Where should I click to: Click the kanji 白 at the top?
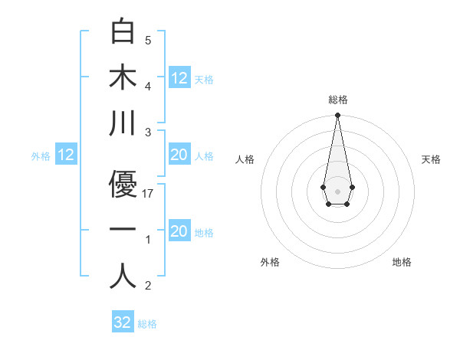[123, 31]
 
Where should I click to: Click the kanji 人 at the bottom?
[123, 276]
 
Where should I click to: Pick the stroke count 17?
[149, 194]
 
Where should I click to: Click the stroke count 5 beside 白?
[148, 41]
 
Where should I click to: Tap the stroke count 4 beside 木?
[148, 86]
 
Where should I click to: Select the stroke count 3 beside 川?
[148, 132]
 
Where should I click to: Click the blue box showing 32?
[123, 322]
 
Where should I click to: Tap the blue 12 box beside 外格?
[66, 155]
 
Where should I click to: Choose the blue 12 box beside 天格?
[179, 78]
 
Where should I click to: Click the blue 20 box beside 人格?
[179, 155]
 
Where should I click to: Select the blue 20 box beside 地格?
[179, 231]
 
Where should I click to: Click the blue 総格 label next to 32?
[147, 324]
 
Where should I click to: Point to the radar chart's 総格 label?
[338, 100]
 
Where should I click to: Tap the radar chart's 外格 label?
[270, 262]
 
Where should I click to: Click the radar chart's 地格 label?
[402, 262]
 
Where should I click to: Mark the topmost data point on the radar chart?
[337, 116]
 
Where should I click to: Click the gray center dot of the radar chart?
[337, 190]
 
